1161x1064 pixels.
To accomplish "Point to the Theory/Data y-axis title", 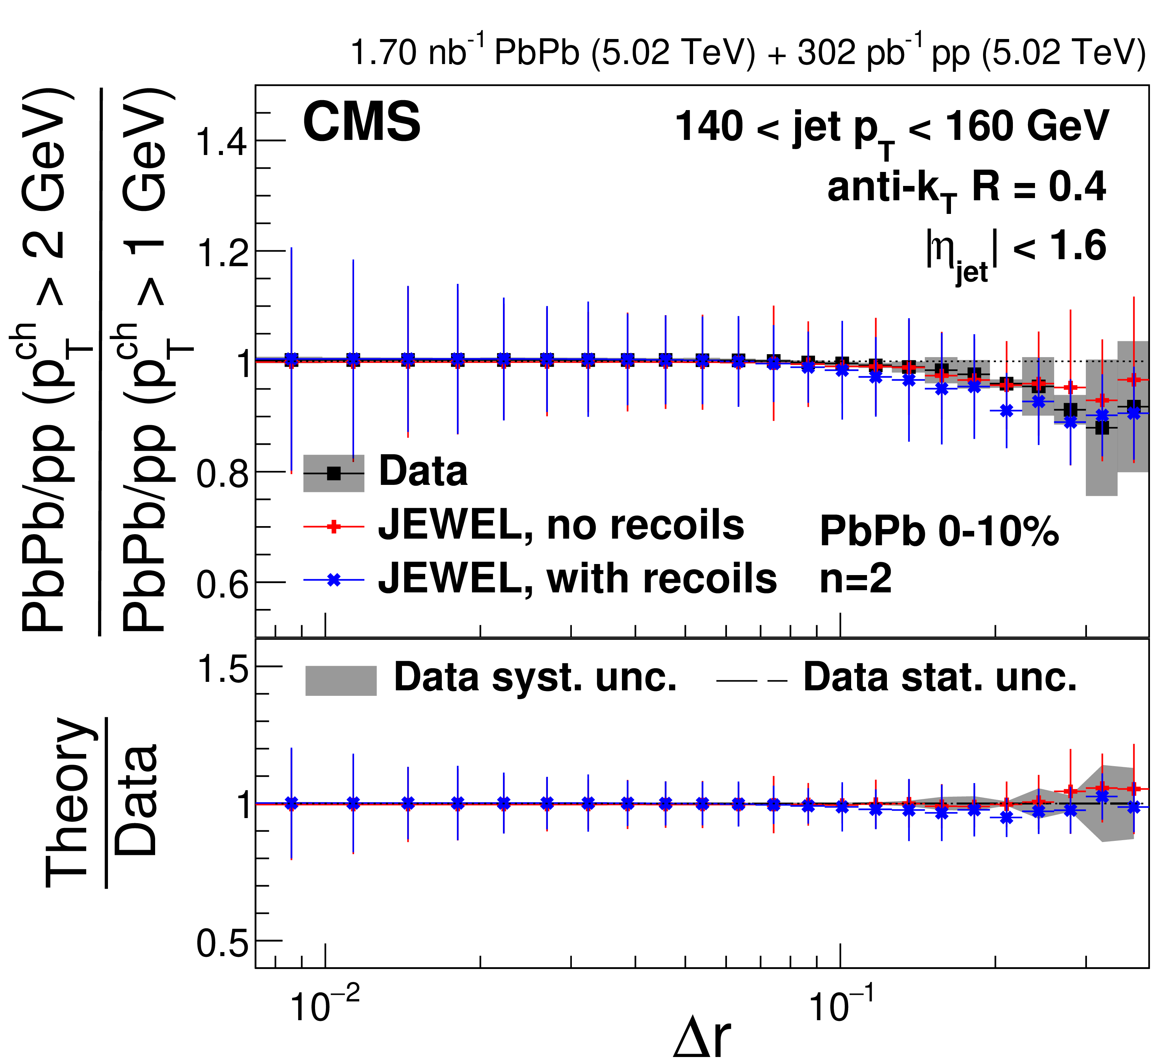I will click(101, 803).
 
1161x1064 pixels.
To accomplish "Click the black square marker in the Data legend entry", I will click(333, 473).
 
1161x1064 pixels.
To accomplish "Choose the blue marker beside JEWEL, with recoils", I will click(333, 580).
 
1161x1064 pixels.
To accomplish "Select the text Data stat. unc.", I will click(939, 678).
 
